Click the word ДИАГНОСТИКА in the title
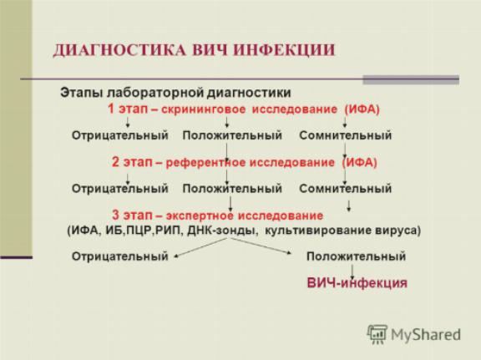coord(119,51)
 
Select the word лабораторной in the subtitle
coord(155,93)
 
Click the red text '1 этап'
coord(128,109)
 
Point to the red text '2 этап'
coord(132,162)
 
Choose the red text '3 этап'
coord(132,215)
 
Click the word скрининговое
coord(204,109)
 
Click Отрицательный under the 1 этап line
coord(120,135)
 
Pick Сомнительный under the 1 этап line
coord(346,135)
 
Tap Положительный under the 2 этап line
coord(232,189)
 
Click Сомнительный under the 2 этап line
coord(346,189)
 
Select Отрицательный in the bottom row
coord(120,256)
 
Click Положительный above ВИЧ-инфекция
coord(356,256)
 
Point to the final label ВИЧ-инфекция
coord(357,283)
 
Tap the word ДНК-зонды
coord(222,231)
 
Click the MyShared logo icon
coord(377,334)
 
